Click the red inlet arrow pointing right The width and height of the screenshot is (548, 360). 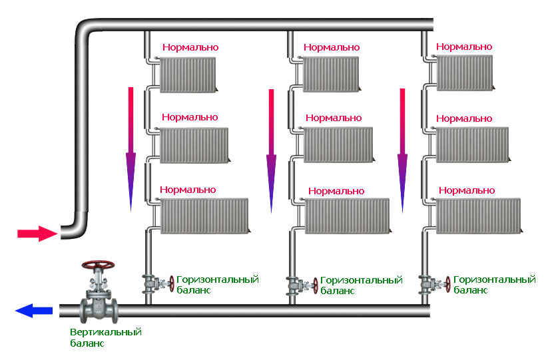tap(37, 234)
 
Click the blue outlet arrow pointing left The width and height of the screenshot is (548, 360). tap(34, 310)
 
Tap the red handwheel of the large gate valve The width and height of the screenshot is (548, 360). tap(98, 265)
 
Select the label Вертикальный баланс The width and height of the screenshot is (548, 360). tap(106, 337)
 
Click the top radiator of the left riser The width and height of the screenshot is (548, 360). tap(188, 75)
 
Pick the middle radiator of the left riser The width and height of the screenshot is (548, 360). tap(194, 145)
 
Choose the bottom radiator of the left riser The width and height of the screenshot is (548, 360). tap(205, 216)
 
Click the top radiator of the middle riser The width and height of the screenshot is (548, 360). tap(331, 75)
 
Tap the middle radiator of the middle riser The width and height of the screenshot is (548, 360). tap(339, 144)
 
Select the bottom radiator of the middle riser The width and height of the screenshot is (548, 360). tap(348, 216)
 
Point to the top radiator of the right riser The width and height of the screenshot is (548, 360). tap(465, 73)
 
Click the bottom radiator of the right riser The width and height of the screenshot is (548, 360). tap(479, 216)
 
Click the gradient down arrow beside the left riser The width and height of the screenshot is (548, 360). tap(131, 149)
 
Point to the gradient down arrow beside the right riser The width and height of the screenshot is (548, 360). tap(403, 150)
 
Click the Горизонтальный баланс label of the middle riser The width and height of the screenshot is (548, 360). tap(362, 285)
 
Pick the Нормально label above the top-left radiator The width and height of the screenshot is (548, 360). tap(190, 47)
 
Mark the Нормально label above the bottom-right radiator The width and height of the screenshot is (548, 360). tap(467, 190)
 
